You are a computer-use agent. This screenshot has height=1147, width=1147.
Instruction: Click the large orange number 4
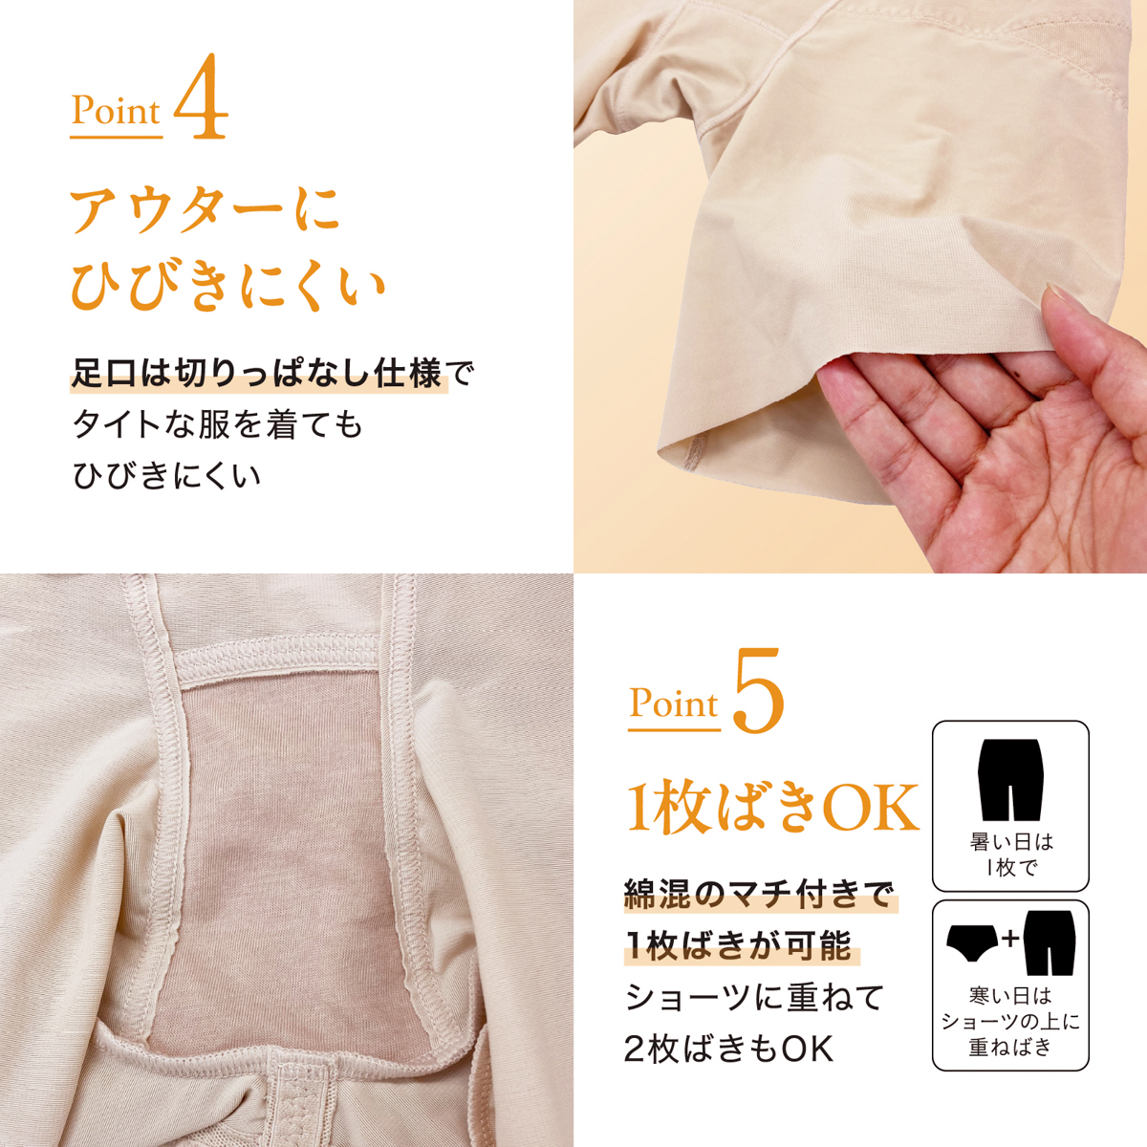point(201,97)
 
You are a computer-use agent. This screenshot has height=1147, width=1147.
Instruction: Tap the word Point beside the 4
point(116,111)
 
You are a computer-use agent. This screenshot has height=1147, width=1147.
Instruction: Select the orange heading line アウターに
point(206,209)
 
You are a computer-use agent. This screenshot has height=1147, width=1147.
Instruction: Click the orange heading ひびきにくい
point(228,289)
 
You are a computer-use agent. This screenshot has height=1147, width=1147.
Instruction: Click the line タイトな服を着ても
point(217,425)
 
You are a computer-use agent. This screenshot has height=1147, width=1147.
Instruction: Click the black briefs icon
point(974,942)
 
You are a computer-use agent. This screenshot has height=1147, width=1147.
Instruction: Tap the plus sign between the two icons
point(1010,939)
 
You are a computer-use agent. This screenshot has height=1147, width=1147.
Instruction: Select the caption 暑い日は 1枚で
point(1011,855)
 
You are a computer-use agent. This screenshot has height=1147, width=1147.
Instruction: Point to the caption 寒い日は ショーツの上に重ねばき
point(1010,1022)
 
